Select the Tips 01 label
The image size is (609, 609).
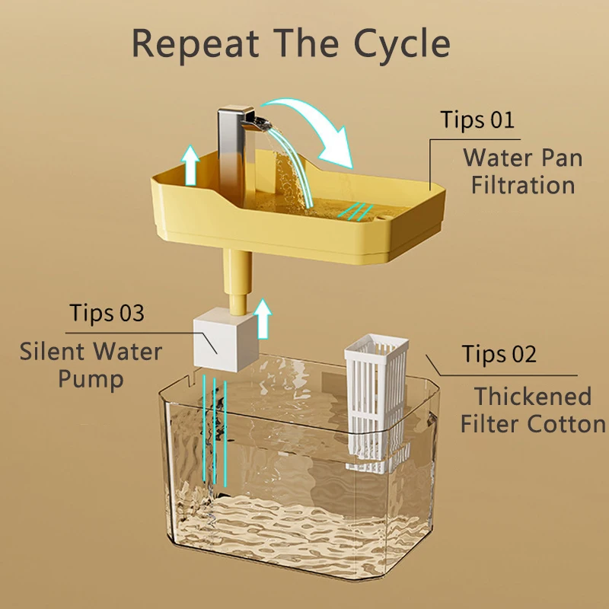(477, 120)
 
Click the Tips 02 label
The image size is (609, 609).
(499, 354)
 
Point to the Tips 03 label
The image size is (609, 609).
(107, 313)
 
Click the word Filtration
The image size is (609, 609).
(523, 185)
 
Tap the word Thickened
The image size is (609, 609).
(533, 396)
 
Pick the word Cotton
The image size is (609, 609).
(566, 424)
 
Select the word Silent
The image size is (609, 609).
(53, 352)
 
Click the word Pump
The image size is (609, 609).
(91, 379)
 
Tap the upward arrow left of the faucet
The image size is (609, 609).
(190, 166)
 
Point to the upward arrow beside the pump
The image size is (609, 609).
(263, 318)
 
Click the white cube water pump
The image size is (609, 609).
(226, 339)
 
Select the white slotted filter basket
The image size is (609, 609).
(377, 403)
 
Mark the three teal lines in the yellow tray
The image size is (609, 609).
(356, 212)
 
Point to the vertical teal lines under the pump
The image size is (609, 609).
(215, 431)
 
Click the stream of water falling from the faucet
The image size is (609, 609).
(292, 167)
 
